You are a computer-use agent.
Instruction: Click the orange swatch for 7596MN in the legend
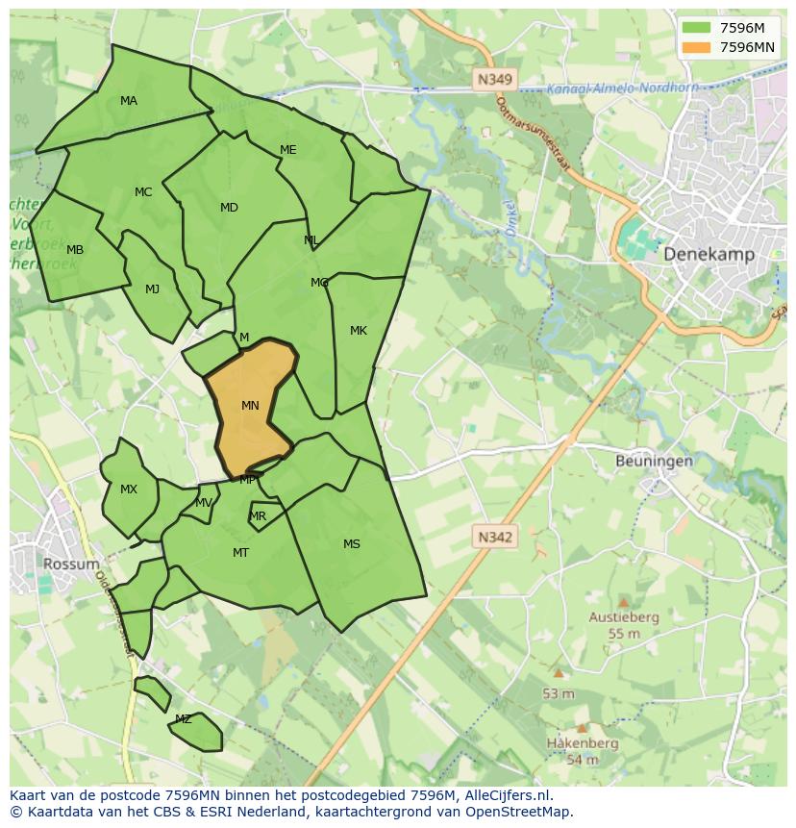click(697, 47)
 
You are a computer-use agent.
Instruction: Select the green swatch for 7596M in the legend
click(697, 28)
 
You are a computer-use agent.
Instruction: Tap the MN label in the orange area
click(250, 406)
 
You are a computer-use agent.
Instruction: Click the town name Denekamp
click(709, 254)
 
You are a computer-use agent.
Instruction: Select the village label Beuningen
click(654, 461)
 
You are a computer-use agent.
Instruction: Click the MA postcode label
click(129, 101)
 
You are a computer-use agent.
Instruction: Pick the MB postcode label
click(75, 250)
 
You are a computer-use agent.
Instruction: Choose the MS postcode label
click(352, 544)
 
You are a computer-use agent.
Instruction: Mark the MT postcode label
click(240, 553)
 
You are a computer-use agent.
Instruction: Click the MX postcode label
click(129, 489)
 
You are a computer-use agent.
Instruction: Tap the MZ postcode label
click(183, 719)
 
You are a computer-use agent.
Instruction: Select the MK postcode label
click(359, 331)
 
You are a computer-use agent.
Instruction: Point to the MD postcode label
click(229, 208)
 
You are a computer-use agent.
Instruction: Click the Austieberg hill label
click(624, 617)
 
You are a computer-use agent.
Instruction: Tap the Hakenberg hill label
click(583, 743)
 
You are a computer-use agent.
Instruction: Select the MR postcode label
click(258, 516)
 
